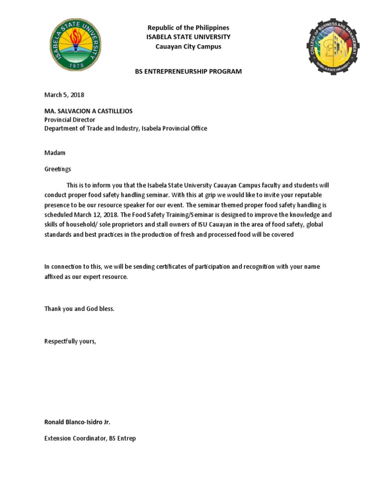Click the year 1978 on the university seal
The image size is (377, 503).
pos(79,65)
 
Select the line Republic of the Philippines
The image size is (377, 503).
pos(188,28)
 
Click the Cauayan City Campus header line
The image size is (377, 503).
pos(188,47)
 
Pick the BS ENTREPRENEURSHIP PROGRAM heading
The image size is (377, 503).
pos(188,72)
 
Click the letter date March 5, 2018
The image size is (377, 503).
pos(60,95)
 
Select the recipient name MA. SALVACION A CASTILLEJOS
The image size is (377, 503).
pos(89,111)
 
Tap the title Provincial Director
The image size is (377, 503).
pos(70,119)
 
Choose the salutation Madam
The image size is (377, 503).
pos(55,153)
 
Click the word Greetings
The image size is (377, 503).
pos(58,169)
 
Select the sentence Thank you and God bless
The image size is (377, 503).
pos(80,309)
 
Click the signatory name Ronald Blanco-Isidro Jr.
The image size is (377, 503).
pos(81,422)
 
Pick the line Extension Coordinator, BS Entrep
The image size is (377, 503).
pos(90,438)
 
